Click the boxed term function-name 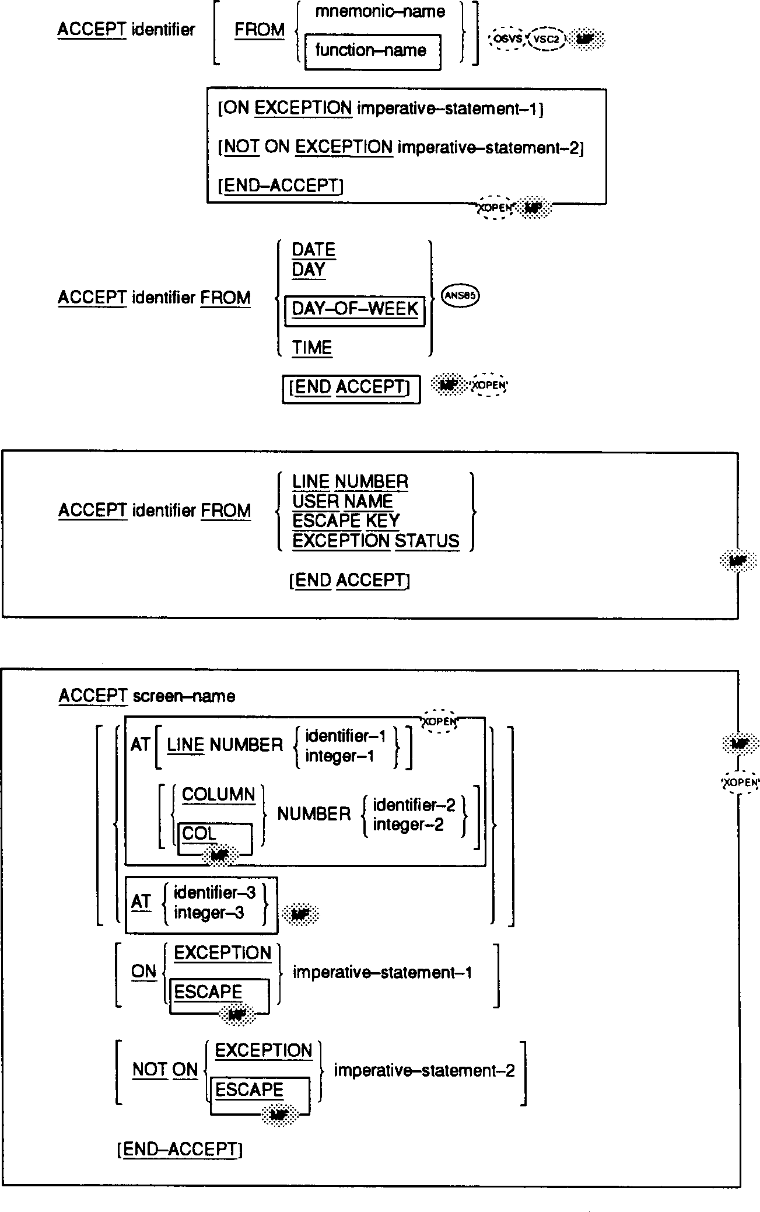tap(371, 51)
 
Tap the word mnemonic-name tap(380, 12)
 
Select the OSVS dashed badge tap(507, 39)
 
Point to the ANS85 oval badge tap(461, 296)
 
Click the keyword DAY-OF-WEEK tap(355, 309)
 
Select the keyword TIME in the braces tap(312, 348)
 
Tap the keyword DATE tap(313, 250)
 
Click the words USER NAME tap(342, 501)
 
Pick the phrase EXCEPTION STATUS tap(376, 541)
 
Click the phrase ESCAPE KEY tap(346, 521)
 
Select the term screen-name tap(184, 696)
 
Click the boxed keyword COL tap(199, 833)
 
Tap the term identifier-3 tap(215, 893)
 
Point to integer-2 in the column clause tap(408, 825)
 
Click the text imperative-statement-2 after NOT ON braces tap(424, 1071)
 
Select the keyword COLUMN tap(218, 795)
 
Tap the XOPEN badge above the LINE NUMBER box tap(440, 722)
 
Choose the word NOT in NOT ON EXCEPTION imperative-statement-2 tap(241, 148)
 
